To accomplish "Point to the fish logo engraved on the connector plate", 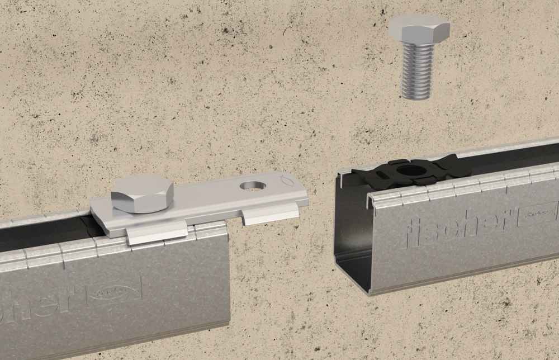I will coord(283,179).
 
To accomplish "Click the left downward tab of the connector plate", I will coord(157,232).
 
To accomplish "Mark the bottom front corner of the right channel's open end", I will coord(371,293).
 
